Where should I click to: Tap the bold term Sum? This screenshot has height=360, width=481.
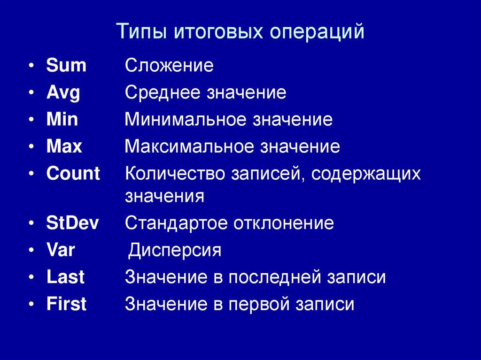[66, 65]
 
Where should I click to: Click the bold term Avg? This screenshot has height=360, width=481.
[63, 93]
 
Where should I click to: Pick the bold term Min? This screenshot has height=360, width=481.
[62, 120]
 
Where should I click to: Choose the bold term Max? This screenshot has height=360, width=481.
[64, 147]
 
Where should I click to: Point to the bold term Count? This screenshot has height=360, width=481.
[73, 174]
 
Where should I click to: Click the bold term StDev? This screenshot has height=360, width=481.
[73, 223]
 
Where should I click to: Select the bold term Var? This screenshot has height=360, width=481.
[61, 250]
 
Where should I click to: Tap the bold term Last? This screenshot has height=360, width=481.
[65, 277]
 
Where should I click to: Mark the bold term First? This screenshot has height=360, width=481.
[66, 304]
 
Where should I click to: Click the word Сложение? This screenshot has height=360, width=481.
[169, 65]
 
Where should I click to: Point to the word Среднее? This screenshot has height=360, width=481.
[163, 93]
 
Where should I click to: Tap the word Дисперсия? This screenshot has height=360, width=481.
[175, 250]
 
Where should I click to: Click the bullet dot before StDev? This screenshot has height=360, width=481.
[31, 224]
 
